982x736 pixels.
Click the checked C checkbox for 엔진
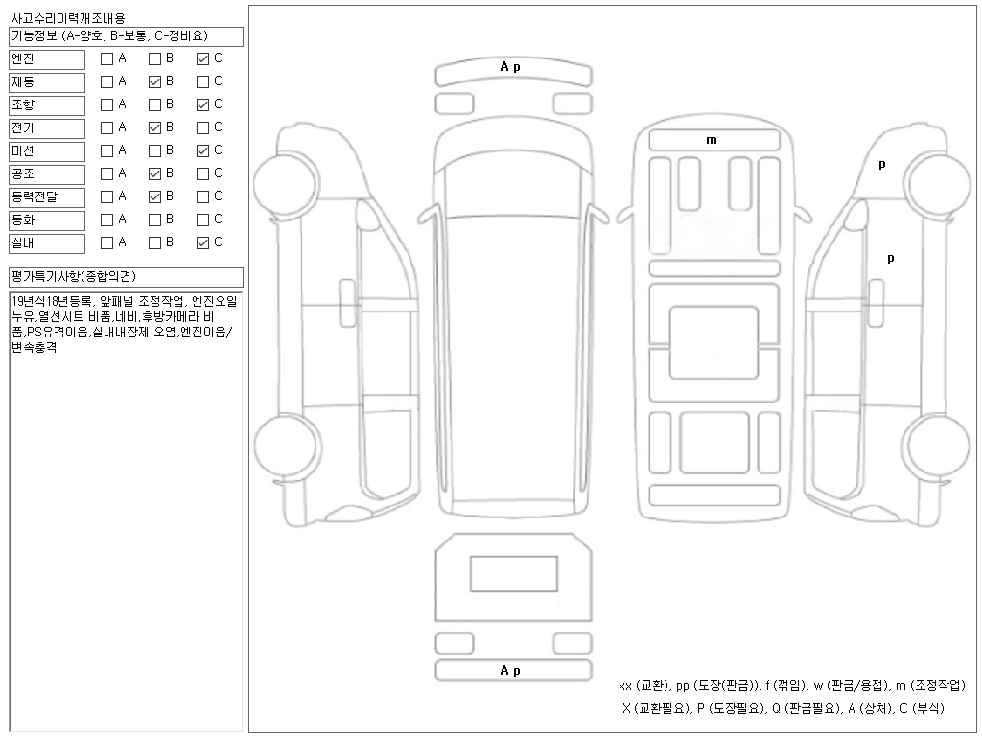point(202,58)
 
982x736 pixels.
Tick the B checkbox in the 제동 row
point(154,82)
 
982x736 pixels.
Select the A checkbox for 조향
point(107,105)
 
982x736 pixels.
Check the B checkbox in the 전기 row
point(154,128)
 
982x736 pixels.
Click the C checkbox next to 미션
point(202,150)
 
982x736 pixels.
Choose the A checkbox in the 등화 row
point(107,220)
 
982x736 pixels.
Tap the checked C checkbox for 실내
point(202,243)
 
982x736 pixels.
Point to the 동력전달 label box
point(47,197)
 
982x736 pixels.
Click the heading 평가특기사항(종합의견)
point(74,277)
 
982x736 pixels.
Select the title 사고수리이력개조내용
point(68,18)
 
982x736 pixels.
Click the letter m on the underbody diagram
point(712,140)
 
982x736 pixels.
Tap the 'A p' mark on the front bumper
point(510,67)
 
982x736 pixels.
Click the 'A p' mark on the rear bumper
point(510,671)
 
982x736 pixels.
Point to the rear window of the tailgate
point(514,574)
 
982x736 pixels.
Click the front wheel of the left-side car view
point(285,184)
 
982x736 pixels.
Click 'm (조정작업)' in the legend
point(930,686)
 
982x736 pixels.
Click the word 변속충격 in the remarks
point(35,347)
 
